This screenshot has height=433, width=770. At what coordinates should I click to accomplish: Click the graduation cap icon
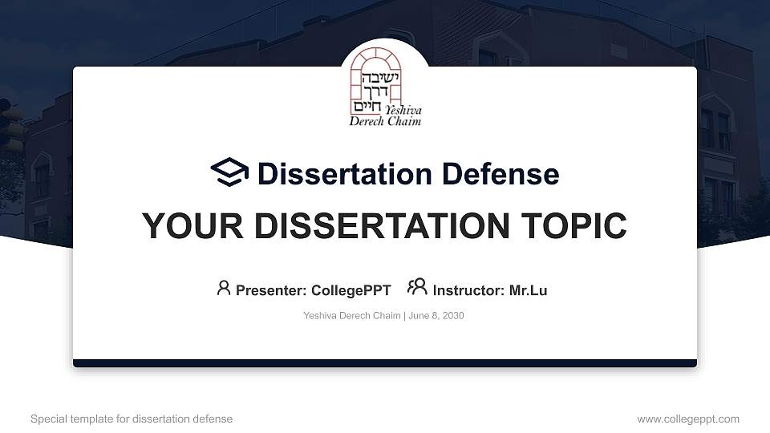[229, 172]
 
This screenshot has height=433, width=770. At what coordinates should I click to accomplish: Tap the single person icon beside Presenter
[224, 288]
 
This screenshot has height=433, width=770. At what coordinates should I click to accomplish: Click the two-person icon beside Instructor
[417, 287]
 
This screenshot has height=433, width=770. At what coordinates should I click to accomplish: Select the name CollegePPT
[351, 290]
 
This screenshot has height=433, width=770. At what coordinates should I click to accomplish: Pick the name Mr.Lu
[528, 290]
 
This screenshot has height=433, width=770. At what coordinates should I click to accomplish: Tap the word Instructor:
[468, 290]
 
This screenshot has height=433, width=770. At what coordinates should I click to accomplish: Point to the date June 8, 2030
[436, 316]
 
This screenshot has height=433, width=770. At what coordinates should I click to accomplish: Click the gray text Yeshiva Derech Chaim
[352, 316]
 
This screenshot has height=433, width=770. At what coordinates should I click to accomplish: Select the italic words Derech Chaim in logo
[385, 121]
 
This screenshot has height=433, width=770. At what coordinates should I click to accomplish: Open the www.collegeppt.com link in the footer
[688, 419]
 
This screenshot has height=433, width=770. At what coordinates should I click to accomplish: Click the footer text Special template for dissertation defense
[132, 419]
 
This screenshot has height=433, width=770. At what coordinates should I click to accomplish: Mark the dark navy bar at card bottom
[385, 363]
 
